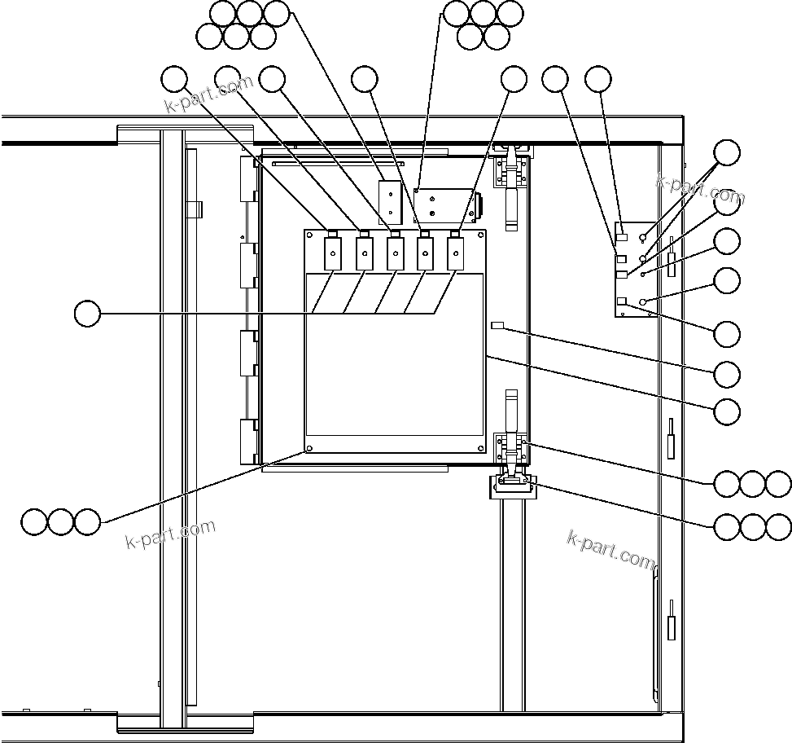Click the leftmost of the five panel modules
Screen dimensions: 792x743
(x=333, y=253)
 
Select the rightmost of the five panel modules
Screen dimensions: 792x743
(x=456, y=253)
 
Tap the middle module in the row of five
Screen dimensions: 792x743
(x=395, y=253)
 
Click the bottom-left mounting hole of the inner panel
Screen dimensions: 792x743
(x=310, y=448)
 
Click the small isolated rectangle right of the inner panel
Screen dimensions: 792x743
(x=499, y=327)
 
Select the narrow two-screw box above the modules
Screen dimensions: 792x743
(x=391, y=201)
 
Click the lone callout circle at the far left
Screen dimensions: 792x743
(x=87, y=313)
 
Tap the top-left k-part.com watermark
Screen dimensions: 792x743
(x=208, y=95)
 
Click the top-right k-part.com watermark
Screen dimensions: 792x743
(x=700, y=189)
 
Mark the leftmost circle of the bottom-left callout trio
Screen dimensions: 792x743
(x=34, y=521)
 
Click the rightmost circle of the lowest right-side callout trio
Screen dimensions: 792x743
(x=779, y=526)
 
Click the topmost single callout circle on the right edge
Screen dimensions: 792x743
(x=727, y=152)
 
